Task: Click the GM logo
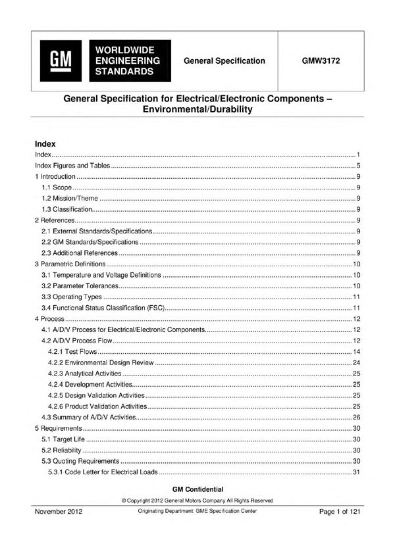(x=60, y=61)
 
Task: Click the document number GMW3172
(x=321, y=61)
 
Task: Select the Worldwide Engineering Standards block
(x=128, y=61)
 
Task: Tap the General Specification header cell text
(x=224, y=61)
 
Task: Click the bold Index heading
(x=45, y=143)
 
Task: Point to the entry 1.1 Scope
(x=57, y=187)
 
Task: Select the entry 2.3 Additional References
(x=80, y=253)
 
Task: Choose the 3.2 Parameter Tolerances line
(x=81, y=285)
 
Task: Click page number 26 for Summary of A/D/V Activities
(x=355, y=417)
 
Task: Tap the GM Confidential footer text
(x=197, y=489)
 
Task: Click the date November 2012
(x=59, y=511)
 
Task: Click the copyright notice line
(x=197, y=500)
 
